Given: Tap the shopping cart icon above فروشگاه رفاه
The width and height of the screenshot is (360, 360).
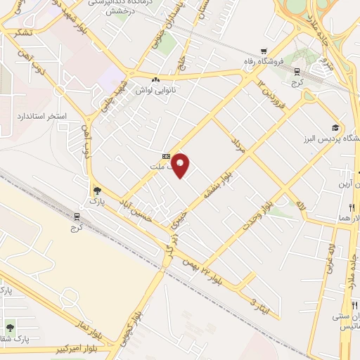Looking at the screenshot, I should point(263,51).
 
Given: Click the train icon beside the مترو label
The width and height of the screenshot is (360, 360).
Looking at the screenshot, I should point(297,70).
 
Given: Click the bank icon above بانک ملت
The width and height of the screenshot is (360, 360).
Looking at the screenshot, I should point(166,156).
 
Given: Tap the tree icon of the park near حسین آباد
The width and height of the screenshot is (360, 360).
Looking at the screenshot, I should point(96,190).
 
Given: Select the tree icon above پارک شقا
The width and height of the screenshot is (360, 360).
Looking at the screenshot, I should point(10,327).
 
